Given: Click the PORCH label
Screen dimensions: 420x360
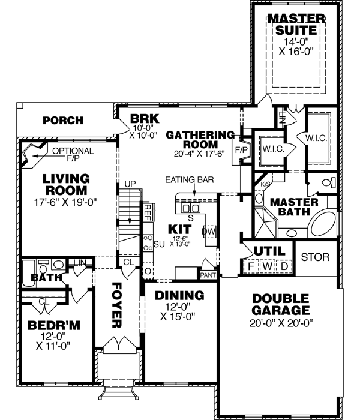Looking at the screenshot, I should tap(62, 121).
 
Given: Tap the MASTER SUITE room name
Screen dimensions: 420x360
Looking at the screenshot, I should tap(295, 23).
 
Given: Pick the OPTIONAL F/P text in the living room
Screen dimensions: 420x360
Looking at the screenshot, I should tap(72, 155).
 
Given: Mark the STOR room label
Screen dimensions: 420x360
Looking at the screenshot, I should tap(315, 258).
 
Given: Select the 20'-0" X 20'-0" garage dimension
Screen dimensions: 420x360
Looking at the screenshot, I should tap(280, 323).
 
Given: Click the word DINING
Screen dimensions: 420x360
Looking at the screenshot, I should tap(179, 295).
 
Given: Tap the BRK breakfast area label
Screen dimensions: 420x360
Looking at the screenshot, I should tap(143, 120).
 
